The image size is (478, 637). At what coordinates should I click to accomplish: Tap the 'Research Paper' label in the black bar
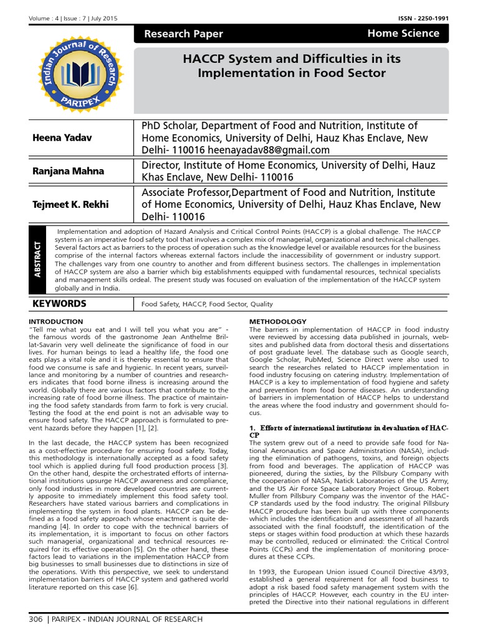(x=183, y=34)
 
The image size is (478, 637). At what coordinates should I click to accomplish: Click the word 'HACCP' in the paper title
(x=201, y=59)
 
